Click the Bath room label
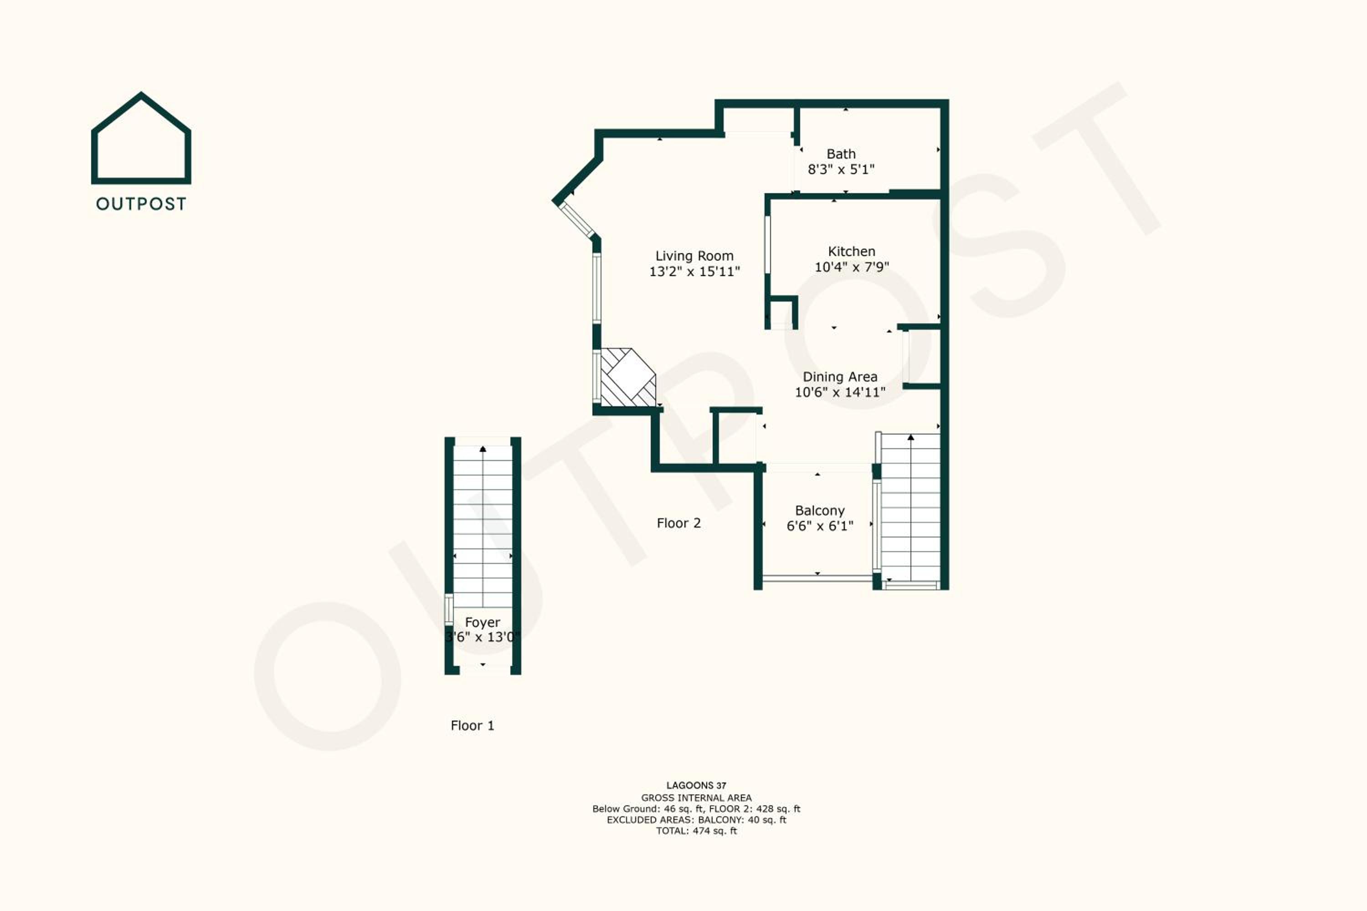[841, 154]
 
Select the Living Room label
[694, 256]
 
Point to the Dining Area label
[840, 377]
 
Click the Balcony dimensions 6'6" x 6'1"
[819, 526]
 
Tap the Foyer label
[483, 622]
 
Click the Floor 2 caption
[679, 523]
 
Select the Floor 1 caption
[473, 726]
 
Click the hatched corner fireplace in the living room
[628, 377]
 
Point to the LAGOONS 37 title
[696, 785]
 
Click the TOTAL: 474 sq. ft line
[696, 831]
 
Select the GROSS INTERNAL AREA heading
[696, 798]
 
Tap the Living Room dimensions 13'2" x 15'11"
[694, 271]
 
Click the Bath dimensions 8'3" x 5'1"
[841, 169]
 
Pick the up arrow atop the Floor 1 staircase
[483, 449]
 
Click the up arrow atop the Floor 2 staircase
[911, 437]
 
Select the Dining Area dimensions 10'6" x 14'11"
[840, 393]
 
